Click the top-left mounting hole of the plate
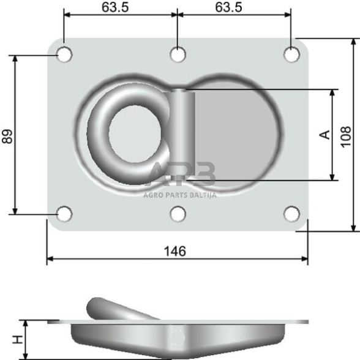(64, 54)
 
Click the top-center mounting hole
(178, 54)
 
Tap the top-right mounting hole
(292, 54)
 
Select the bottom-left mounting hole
(64, 214)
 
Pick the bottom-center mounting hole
(178, 214)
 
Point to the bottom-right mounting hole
(292, 214)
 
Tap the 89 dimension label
(7, 136)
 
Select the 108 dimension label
(346, 135)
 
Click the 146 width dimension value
(175, 251)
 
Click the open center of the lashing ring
(134, 134)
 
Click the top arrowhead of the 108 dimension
(354, 42)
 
